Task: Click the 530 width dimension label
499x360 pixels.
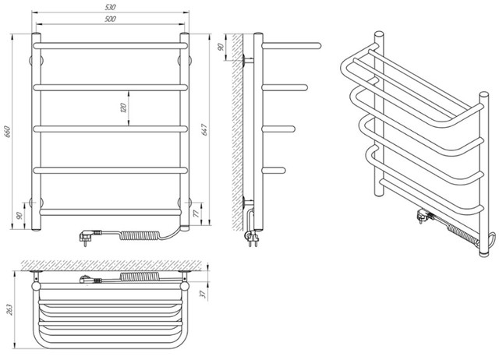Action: pos(110,7)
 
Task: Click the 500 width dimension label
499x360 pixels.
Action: pos(110,19)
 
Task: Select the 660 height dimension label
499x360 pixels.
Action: pos(8,132)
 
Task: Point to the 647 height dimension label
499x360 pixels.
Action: pos(204,130)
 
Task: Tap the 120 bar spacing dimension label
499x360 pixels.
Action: pos(123,108)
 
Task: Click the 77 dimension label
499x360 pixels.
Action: pos(196,214)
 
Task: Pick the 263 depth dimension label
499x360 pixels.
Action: pos(9,309)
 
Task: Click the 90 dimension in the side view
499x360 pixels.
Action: pos(221,47)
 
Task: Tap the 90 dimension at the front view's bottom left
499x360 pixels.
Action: pos(19,216)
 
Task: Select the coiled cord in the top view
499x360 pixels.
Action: pos(139,277)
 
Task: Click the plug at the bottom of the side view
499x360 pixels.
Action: pos(251,238)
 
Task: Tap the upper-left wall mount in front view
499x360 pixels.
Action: pos(36,60)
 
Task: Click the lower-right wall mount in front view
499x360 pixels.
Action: pos(185,203)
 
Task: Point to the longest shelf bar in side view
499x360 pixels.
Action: pos(292,46)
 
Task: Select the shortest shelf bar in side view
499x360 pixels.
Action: pos(274,171)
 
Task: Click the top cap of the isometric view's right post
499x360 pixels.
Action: pos(483,95)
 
